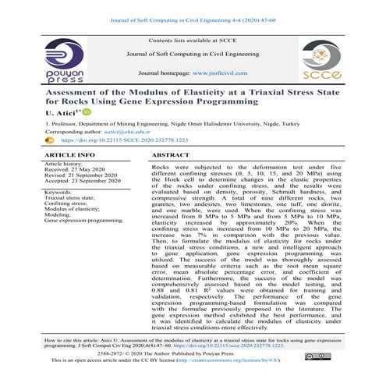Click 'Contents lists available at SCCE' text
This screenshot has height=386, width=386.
click(x=193, y=39)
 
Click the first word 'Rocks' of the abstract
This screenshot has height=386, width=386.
click(x=161, y=168)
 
